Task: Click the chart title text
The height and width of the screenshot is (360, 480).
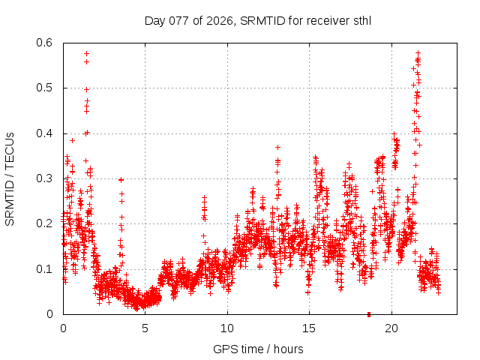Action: pyautogui.click(x=258, y=20)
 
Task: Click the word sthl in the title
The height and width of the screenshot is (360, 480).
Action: pyautogui.click(x=362, y=20)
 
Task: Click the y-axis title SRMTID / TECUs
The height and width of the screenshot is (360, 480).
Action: pyautogui.click(x=10, y=178)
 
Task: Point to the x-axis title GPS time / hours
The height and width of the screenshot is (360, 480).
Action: pyautogui.click(x=258, y=349)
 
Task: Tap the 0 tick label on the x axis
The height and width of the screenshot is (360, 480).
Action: pyautogui.click(x=63, y=328)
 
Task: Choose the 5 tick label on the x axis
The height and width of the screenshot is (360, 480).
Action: pyautogui.click(x=145, y=328)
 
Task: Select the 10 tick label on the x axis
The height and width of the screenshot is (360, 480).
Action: pyautogui.click(x=227, y=328)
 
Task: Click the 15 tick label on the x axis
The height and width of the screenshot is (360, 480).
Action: pyautogui.click(x=309, y=328)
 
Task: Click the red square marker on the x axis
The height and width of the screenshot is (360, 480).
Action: pyautogui.click(x=368, y=314)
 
